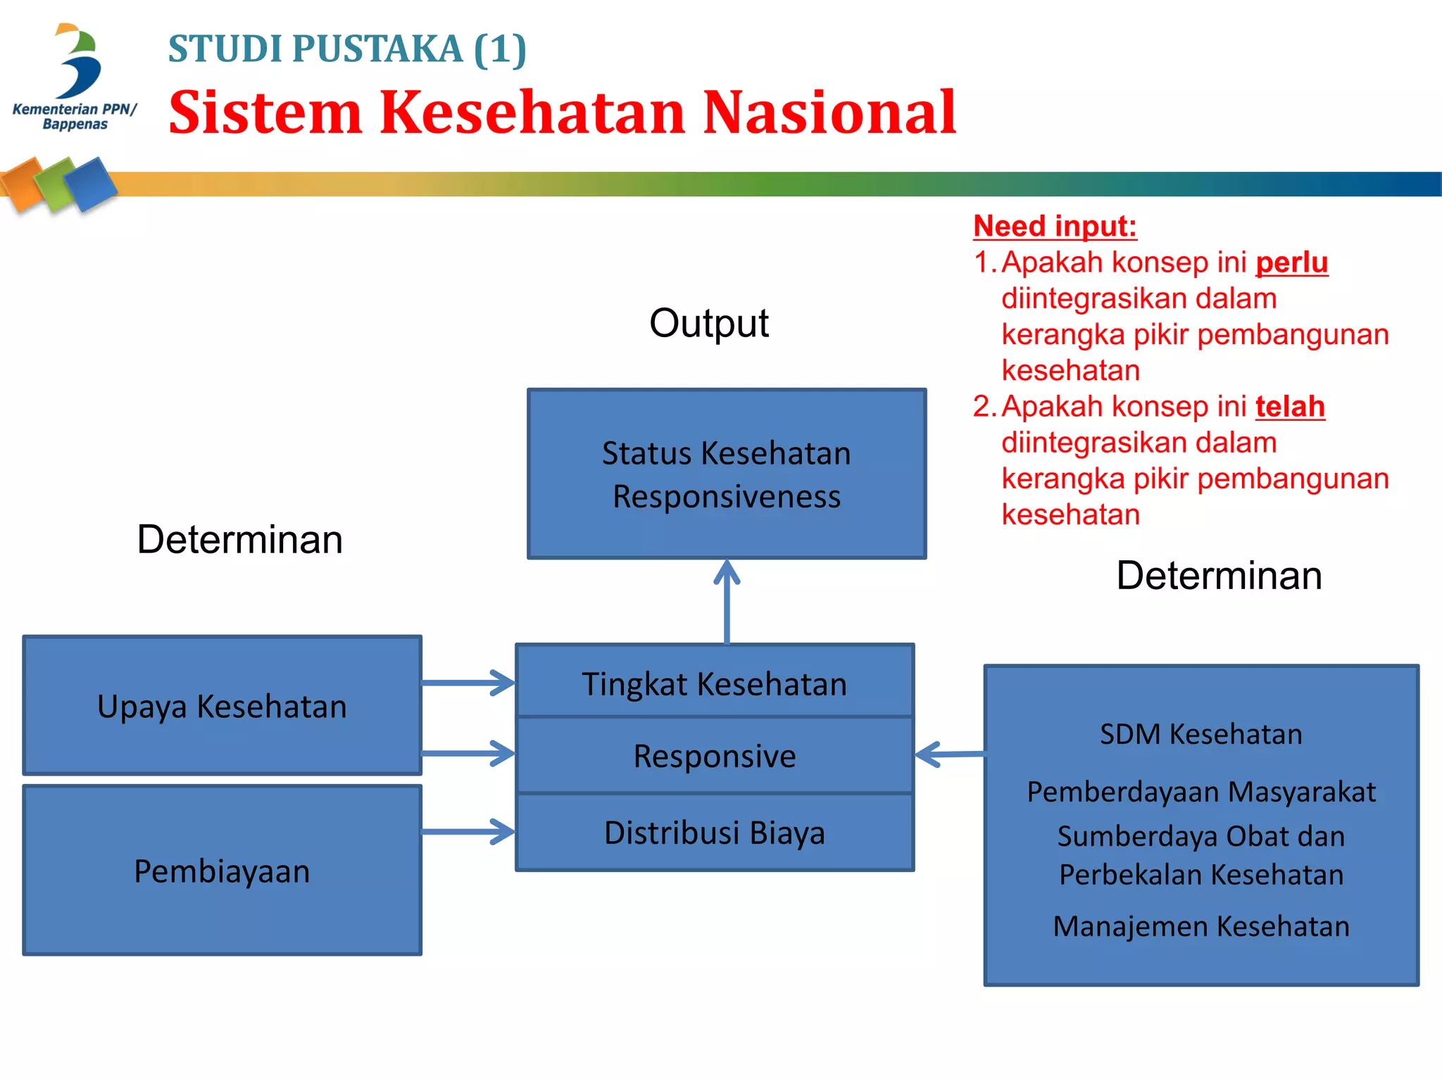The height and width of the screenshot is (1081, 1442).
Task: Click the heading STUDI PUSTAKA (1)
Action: [x=347, y=49]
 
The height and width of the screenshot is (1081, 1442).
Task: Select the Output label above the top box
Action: [x=708, y=323]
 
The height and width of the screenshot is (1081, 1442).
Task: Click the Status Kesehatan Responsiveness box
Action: [x=727, y=474]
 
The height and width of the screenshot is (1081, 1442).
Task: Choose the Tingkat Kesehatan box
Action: [x=714, y=683]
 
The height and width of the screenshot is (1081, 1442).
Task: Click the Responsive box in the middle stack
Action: [x=714, y=756]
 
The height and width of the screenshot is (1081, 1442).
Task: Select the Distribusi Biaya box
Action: [x=714, y=833]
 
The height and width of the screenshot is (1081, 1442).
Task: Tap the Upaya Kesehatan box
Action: [x=222, y=706]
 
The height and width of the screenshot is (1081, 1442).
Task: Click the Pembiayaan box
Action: [x=222, y=871]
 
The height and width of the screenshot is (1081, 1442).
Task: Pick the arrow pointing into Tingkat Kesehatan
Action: [x=468, y=683]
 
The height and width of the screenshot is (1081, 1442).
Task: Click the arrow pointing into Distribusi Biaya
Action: [x=468, y=832]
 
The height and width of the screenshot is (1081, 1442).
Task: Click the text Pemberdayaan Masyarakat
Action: [x=1201, y=792]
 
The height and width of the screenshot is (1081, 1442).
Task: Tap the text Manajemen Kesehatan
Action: [x=1201, y=926]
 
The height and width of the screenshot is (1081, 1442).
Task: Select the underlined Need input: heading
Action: [x=1055, y=226]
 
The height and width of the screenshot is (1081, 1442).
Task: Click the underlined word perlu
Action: [x=1291, y=263]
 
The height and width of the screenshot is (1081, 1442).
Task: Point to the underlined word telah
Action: [x=1290, y=407]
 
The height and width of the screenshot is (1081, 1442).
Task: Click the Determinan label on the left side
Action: [x=239, y=540]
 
